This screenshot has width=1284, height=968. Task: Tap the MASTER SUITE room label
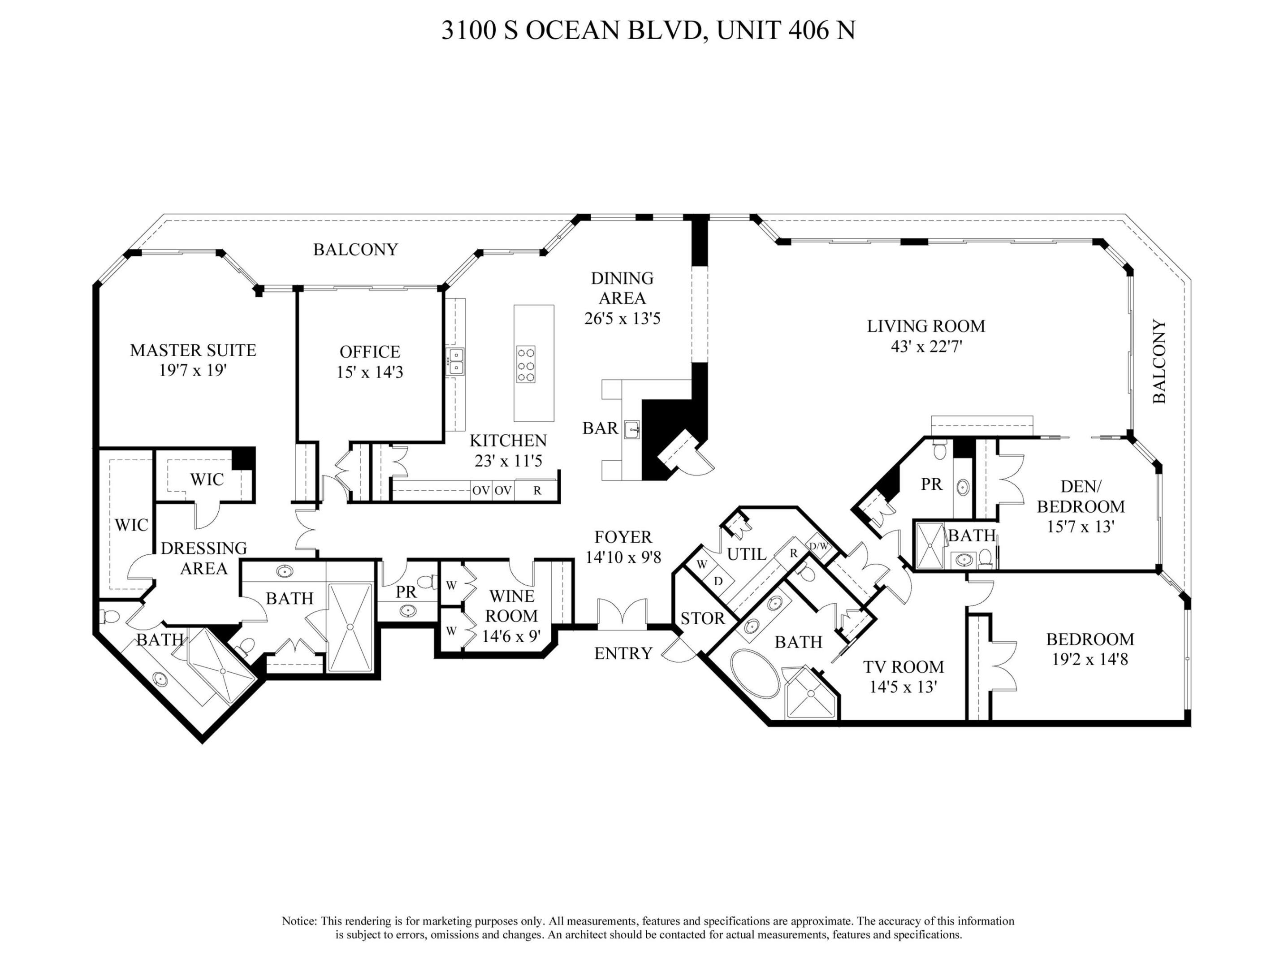point(193,350)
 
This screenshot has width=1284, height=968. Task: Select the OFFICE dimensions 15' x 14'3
point(370,372)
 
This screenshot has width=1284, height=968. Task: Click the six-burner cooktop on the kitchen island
point(526,364)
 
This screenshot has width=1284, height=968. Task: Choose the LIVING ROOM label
point(926,326)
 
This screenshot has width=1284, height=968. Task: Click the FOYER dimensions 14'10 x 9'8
point(623,557)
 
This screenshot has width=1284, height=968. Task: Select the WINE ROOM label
point(511,606)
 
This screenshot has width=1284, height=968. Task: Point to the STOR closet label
point(702,618)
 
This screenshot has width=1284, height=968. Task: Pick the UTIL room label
point(747,555)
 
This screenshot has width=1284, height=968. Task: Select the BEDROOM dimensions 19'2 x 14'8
point(1089,659)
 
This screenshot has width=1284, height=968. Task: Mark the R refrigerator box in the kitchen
point(537,490)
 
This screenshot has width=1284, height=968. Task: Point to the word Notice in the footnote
point(299,921)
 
